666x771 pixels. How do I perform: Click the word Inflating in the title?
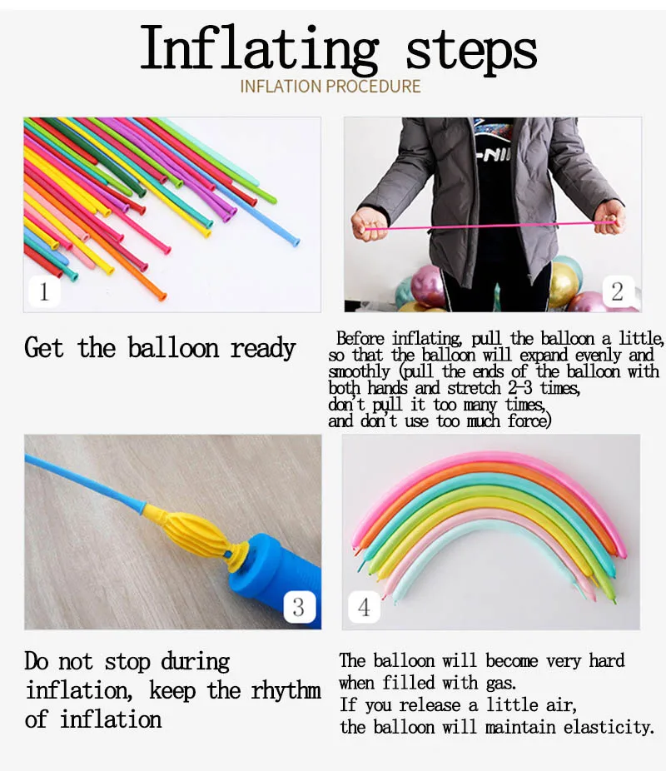pyautogui.click(x=259, y=49)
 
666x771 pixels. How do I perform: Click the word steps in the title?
pyautogui.click(x=471, y=51)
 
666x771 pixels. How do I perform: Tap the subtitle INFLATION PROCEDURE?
pyautogui.click(x=331, y=87)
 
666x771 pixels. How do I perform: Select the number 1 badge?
pyautogui.click(x=44, y=291)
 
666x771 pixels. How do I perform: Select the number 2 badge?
pyautogui.click(x=618, y=291)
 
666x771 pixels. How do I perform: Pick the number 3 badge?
pyautogui.click(x=299, y=607)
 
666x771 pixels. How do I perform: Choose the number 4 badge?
pyautogui.click(x=364, y=607)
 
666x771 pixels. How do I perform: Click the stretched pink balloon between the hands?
pyautogui.click(x=490, y=226)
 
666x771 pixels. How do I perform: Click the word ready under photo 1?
pyautogui.click(x=263, y=349)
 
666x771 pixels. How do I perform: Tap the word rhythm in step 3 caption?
pyautogui.click(x=286, y=691)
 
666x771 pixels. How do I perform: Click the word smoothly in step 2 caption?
pyautogui.click(x=360, y=371)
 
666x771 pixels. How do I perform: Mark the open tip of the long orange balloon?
pyautogui.click(x=162, y=296)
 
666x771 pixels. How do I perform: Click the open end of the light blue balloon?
pyautogui.click(x=296, y=241)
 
